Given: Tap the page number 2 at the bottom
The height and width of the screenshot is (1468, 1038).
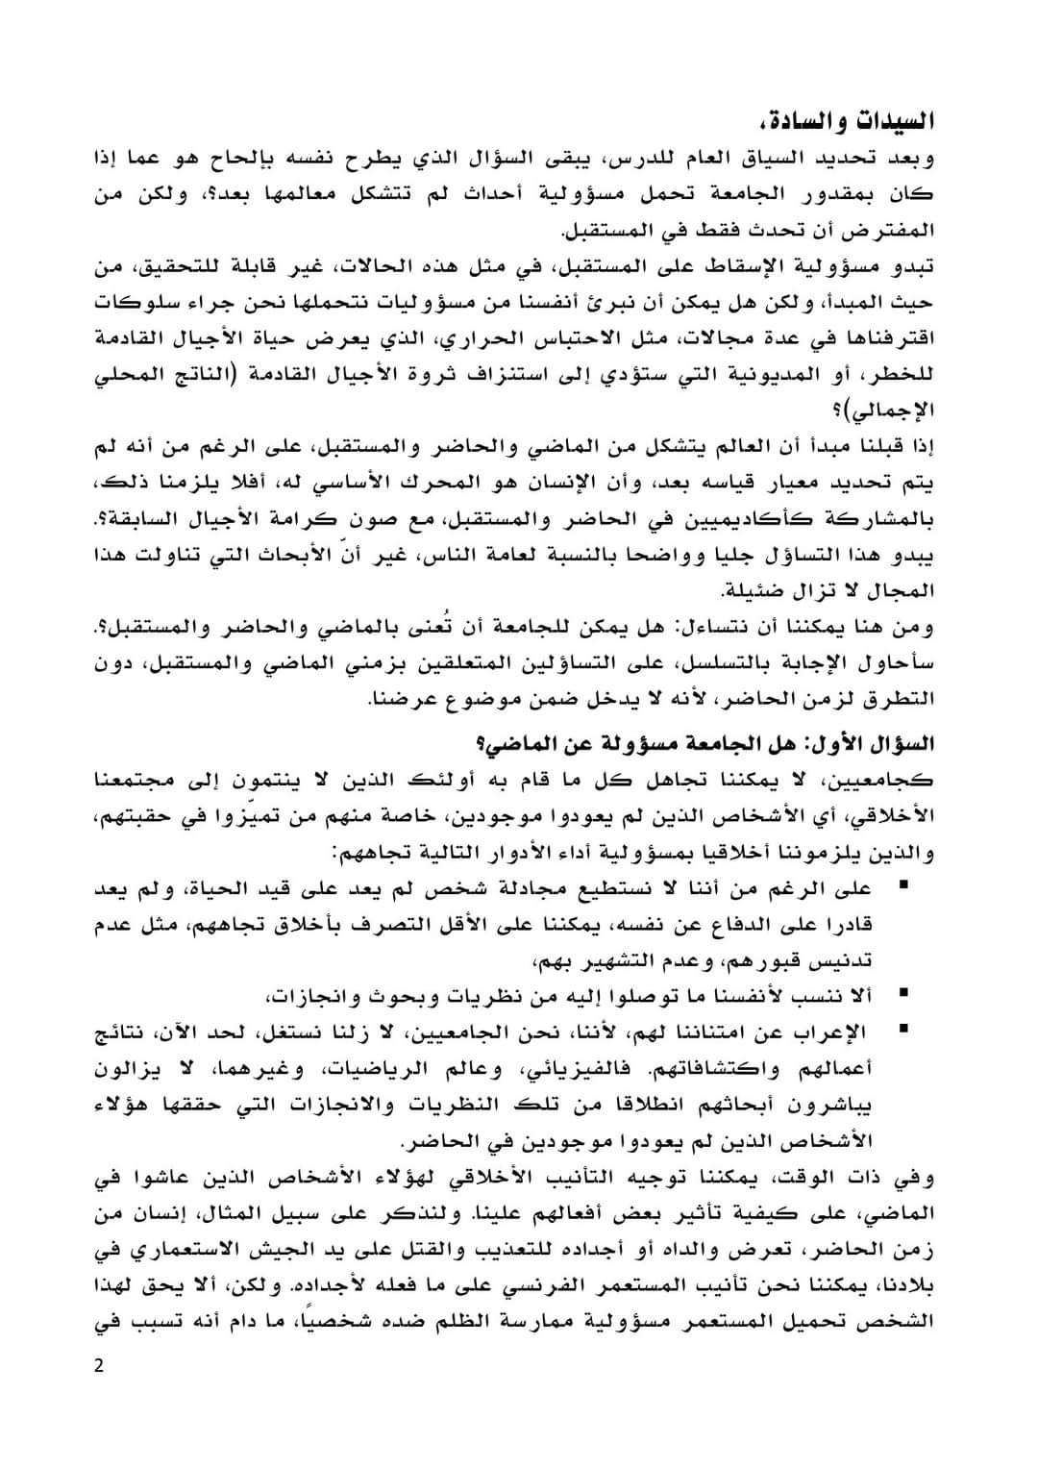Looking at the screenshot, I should pos(98,1366).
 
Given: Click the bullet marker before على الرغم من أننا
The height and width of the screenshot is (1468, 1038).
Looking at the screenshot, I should pos(904,884).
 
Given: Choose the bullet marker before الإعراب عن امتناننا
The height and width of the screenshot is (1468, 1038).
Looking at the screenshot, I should pos(904,1030).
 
